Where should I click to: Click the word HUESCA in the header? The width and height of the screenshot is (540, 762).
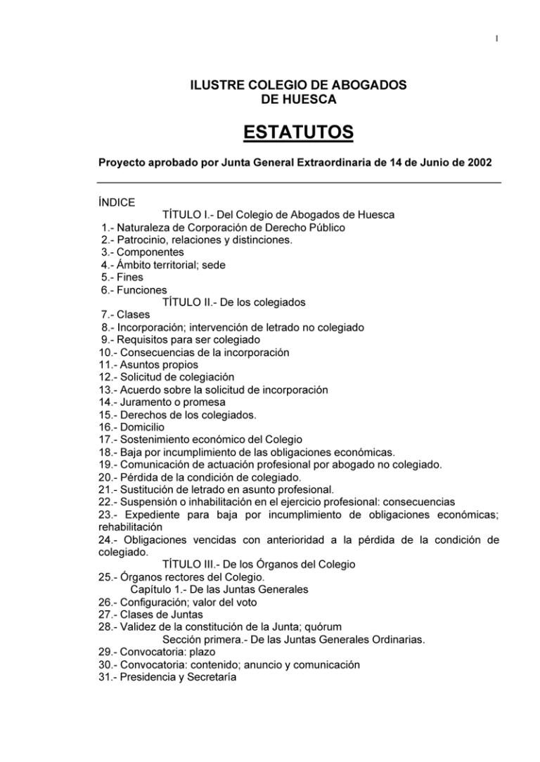click(308, 100)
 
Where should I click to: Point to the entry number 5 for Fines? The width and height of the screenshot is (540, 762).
click(105, 277)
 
